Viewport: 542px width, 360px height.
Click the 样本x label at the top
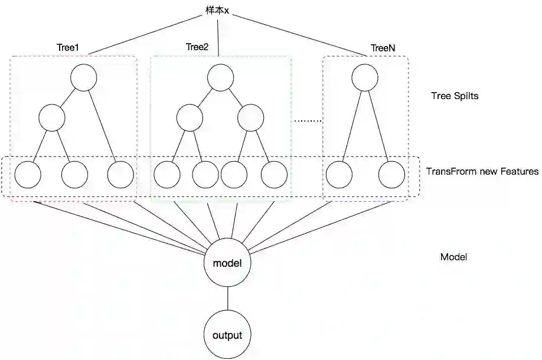tap(217, 11)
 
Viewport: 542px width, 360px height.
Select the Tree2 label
tap(197, 47)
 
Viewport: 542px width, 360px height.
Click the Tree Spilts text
tap(454, 96)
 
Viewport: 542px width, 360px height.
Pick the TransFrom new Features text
tap(482, 172)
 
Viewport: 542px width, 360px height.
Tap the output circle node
tap(227, 335)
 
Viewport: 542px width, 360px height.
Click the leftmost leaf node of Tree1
tap(28, 175)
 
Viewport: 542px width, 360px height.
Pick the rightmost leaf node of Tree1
tap(120, 175)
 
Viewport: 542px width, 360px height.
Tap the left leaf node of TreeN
tap(339, 175)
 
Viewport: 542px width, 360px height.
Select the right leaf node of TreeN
tap(392, 175)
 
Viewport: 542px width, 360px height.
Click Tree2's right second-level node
tap(251, 117)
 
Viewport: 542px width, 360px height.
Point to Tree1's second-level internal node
tap(52, 117)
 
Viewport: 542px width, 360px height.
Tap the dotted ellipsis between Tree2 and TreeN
tap(308, 120)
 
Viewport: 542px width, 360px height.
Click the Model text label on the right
tap(453, 257)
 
